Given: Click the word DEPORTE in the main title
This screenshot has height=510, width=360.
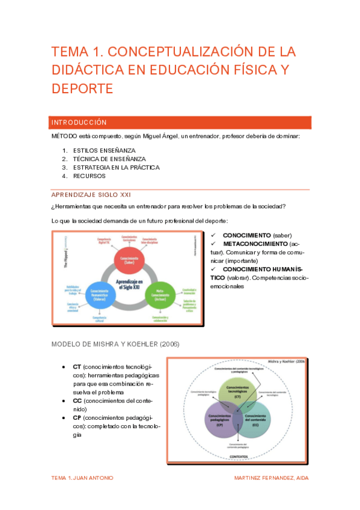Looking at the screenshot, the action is point(82,89).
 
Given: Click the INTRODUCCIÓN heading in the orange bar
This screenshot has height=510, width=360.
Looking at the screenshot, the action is point(79,122).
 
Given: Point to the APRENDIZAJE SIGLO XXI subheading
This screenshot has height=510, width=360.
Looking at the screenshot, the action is point(90,195).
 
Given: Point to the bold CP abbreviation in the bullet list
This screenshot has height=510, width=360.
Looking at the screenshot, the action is point(77,417).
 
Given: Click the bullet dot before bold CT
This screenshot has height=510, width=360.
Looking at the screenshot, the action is point(64,366).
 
